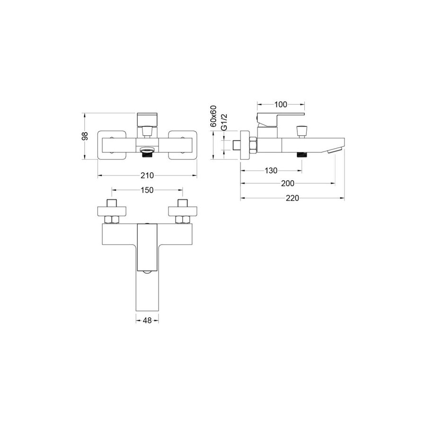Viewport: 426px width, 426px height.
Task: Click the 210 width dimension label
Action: (x=147, y=176)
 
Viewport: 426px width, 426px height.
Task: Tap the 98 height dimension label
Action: (x=85, y=136)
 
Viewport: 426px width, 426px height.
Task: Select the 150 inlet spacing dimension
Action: (x=147, y=190)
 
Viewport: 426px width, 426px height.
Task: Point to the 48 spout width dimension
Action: (x=147, y=320)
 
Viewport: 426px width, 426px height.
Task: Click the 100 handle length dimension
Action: (x=281, y=104)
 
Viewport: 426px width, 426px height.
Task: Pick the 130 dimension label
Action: (x=271, y=170)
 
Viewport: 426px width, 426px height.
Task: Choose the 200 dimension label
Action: (x=287, y=183)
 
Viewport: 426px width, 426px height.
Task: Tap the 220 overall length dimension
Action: (x=293, y=198)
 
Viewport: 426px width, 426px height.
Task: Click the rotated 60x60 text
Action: (x=213, y=116)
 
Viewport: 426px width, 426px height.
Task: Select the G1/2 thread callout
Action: (x=223, y=122)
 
